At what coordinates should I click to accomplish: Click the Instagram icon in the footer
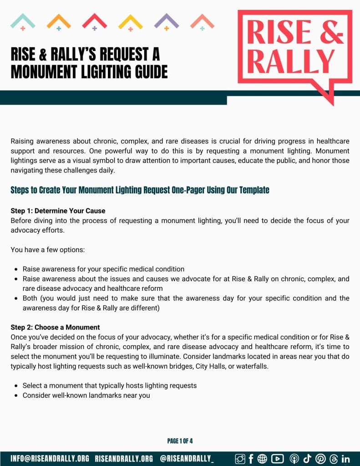point(240,459)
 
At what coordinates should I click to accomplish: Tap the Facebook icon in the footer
point(251,459)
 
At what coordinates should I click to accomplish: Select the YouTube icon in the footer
point(277,459)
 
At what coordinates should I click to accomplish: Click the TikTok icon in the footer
point(307,459)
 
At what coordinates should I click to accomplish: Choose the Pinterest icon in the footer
point(320,459)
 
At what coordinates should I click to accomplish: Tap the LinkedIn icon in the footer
point(345,459)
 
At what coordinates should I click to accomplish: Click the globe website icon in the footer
point(262,459)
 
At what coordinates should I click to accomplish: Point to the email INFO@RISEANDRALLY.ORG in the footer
point(50,459)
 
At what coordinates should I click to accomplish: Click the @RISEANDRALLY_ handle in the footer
point(187,459)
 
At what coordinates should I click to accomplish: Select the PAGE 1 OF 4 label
point(180,441)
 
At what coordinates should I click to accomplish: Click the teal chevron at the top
point(23,21)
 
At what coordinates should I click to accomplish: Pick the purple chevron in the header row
point(167,21)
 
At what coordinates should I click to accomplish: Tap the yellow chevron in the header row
point(131,21)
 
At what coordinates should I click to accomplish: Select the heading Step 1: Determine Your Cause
point(58,211)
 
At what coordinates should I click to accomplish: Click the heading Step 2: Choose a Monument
point(55,327)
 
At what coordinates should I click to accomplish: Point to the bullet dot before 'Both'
point(16,299)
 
